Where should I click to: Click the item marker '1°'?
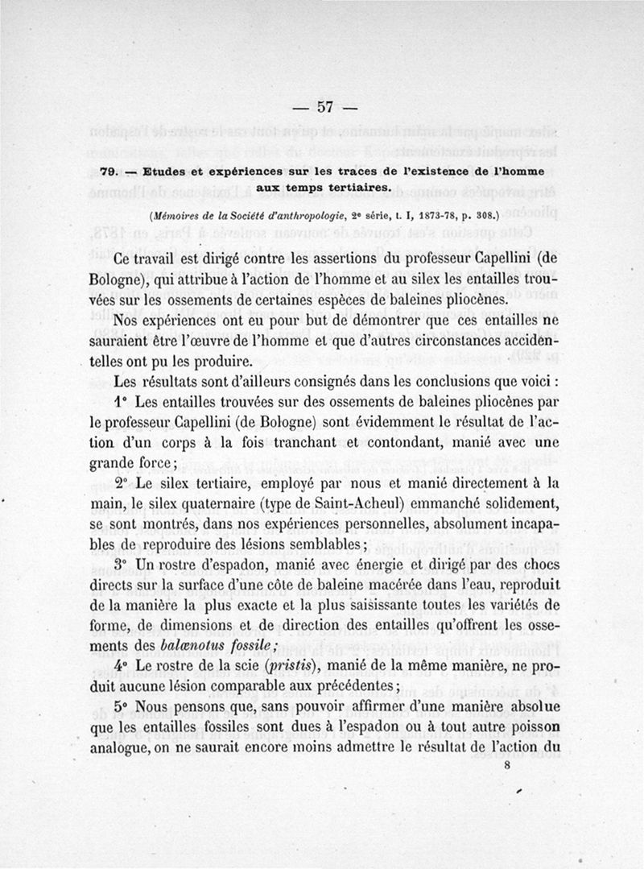click(x=122, y=400)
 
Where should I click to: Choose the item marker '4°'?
click(x=122, y=667)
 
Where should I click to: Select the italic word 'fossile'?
click(x=251, y=647)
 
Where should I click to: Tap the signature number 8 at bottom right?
click(x=507, y=768)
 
